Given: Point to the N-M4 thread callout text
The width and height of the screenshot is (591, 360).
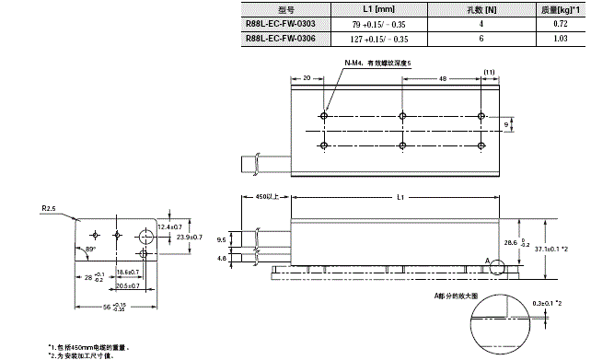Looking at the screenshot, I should click(379, 63).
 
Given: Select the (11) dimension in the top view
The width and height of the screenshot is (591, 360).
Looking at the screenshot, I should click(489, 72).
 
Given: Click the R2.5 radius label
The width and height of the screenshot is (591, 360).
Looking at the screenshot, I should click(50, 208).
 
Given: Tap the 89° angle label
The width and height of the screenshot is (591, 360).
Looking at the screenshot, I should click(90, 250).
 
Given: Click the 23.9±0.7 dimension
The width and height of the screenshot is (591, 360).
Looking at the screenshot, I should click(192, 237).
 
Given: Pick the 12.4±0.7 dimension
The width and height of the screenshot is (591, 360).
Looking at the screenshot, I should click(170, 226).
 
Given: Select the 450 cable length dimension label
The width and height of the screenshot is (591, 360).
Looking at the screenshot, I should click(265, 197).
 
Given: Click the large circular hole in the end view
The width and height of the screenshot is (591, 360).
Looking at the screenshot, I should click(145, 233).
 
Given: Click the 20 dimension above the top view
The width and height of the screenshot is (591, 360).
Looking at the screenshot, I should click(306, 79).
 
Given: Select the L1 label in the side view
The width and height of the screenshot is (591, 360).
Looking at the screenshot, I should click(399, 197).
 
